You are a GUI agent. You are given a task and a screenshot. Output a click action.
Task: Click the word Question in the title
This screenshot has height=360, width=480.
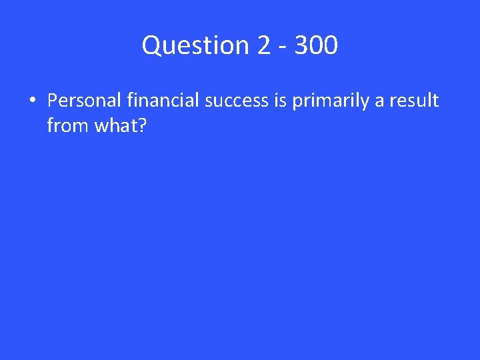(195, 46)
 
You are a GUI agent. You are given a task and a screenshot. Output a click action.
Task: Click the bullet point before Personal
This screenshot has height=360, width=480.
(31, 101)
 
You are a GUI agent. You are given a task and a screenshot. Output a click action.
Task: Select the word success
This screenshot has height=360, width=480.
(236, 101)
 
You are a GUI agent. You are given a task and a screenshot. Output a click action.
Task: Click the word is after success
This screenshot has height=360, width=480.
(279, 101)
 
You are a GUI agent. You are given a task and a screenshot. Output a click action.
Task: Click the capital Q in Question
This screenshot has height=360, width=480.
(151, 46)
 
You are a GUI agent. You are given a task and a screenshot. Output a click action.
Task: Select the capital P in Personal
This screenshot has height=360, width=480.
(53, 101)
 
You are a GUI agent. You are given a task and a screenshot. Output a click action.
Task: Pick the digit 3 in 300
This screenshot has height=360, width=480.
(301, 46)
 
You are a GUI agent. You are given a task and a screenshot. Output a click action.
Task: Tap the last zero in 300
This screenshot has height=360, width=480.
(331, 46)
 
